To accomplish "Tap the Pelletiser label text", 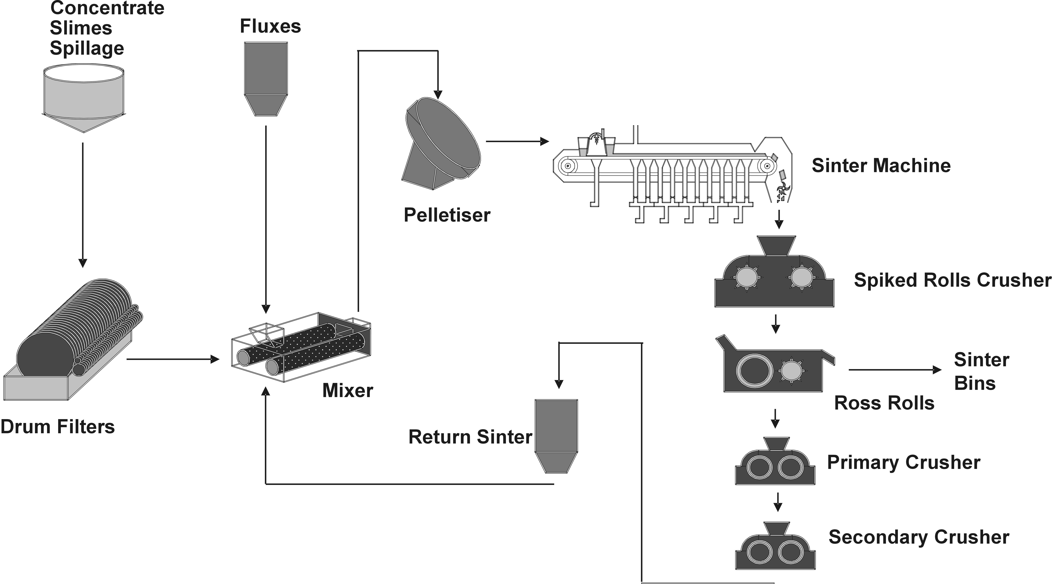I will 447,215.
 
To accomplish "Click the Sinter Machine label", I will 881,166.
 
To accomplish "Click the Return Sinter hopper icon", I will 556,435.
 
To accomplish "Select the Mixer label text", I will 348,390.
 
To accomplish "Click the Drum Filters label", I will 58,427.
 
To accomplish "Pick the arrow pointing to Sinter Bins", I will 894,370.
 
